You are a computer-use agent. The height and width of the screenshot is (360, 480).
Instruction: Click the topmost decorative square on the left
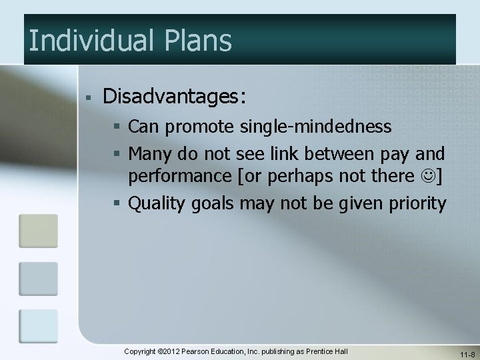pyautogui.click(x=38, y=230)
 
